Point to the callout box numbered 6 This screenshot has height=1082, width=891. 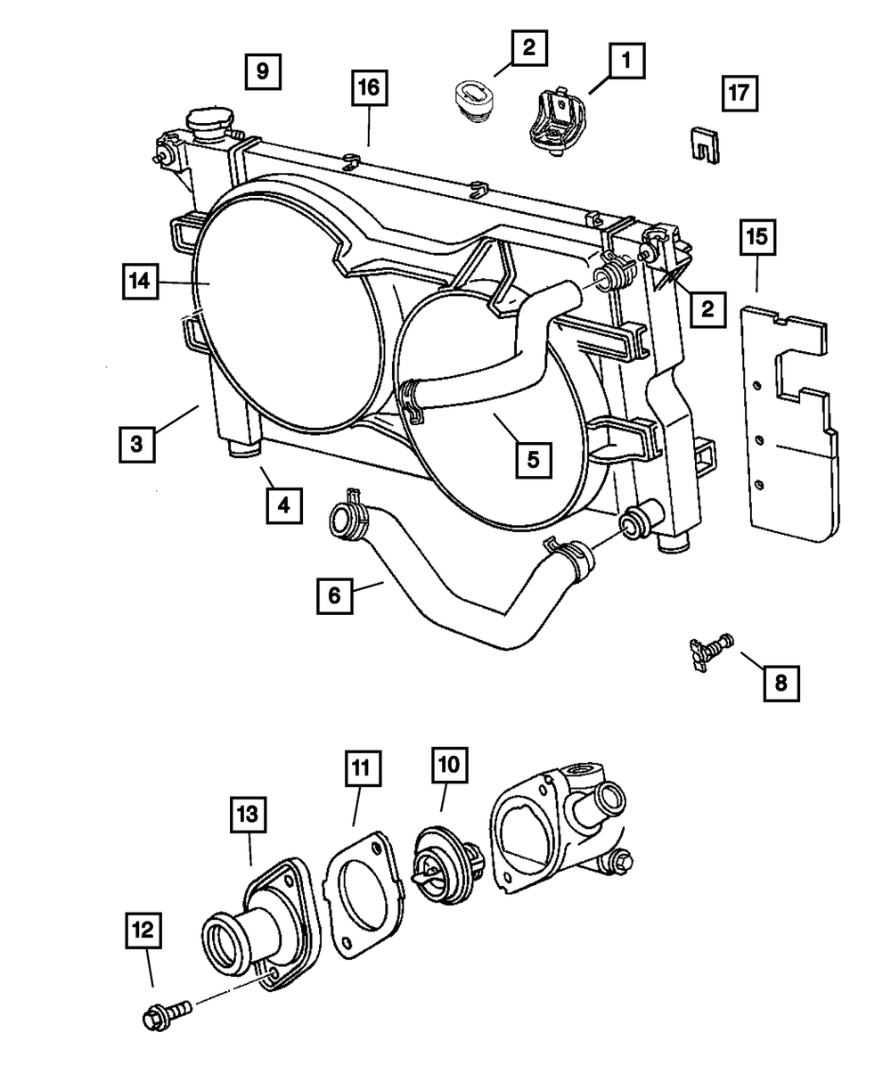pyautogui.click(x=335, y=594)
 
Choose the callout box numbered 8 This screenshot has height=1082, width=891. pyautogui.click(x=781, y=684)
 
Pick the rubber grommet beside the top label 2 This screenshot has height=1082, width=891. pyautogui.click(x=475, y=98)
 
